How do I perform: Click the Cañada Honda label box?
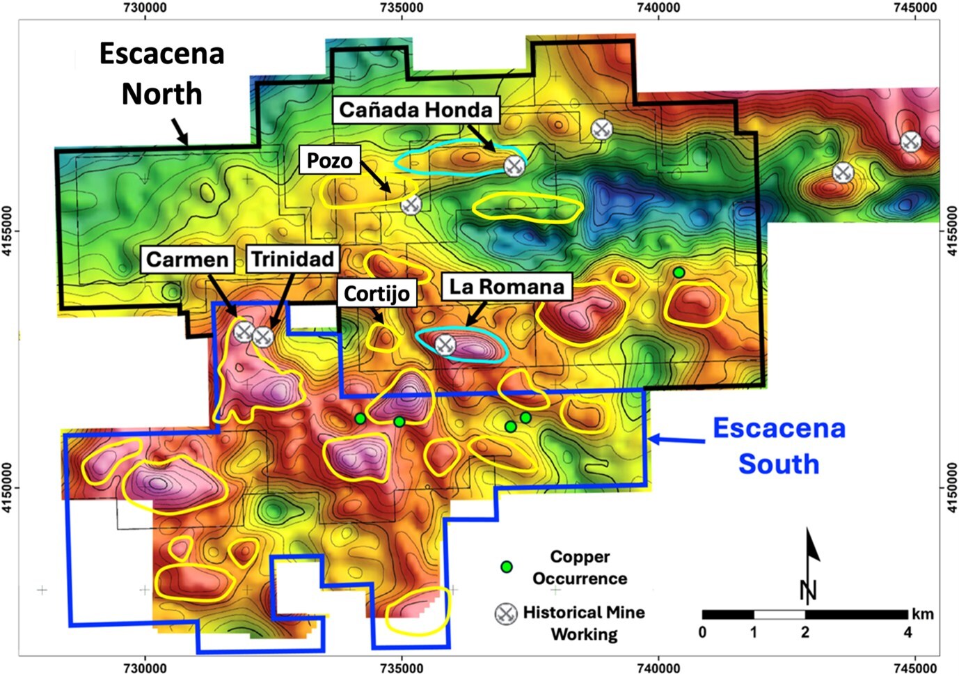tap(415, 110)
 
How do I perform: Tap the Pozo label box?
tap(329, 160)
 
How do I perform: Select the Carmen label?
tap(187, 260)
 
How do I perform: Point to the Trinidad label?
tap(292, 259)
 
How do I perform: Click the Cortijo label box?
tap(377, 293)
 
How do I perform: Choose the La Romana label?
tap(507, 286)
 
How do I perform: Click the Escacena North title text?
tap(161, 74)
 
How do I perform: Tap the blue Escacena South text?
tap(779, 446)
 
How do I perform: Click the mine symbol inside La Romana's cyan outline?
tap(445, 344)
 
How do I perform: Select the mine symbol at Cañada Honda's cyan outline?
tap(514, 166)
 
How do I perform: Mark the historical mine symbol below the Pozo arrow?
tap(411, 205)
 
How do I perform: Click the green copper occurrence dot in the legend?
tap(507, 567)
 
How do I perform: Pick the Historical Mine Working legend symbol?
tap(506, 613)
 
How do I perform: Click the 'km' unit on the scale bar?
tap(923, 614)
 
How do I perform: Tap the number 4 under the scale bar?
tap(908, 632)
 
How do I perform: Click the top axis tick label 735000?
tap(402, 8)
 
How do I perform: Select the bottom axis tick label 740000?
tap(658, 668)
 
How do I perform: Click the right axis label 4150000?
tap(951, 487)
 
